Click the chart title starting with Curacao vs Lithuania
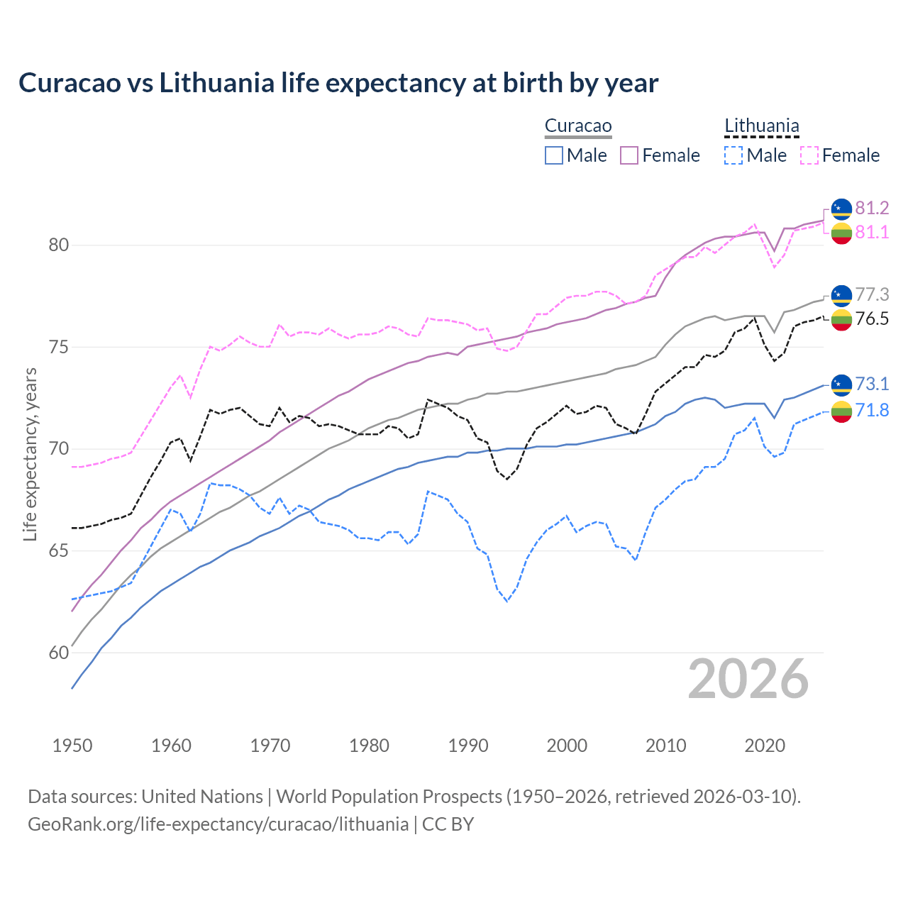point(338,83)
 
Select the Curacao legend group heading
point(577,126)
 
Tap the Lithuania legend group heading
point(761,126)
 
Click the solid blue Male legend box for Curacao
point(554,155)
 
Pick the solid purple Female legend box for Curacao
point(629,155)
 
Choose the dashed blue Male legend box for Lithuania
point(733,155)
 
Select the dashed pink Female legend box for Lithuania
point(809,155)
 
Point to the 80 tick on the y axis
point(59,245)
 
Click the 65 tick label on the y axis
point(59,551)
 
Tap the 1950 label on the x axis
point(72,746)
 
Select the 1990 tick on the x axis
point(468,746)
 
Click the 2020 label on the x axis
point(765,746)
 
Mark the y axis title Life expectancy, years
point(30,454)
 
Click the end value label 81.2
point(872,208)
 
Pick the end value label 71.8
point(872,410)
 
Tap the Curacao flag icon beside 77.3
point(841,294)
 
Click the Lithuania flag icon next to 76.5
point(841,319)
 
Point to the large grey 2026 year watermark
point(748,679)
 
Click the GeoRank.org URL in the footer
point(218,824)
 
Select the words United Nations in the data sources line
point(202,797)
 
